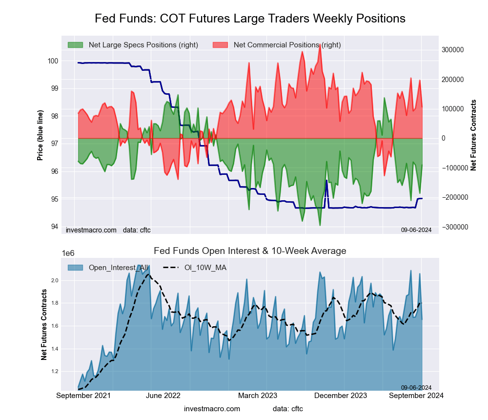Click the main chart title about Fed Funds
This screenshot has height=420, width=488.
coord(250,19)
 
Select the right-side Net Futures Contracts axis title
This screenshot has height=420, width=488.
coord(473,135)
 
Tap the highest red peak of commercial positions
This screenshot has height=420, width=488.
coord(320,45)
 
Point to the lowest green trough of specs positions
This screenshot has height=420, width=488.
coord(320,225)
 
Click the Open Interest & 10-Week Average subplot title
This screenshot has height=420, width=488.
coord(250,251)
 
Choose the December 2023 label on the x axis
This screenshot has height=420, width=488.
coord(345,395)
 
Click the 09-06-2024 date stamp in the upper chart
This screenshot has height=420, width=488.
coord(416,229)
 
